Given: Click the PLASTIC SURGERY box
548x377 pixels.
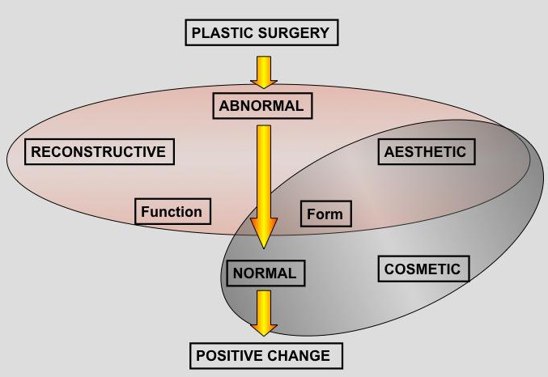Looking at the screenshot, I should [261, 33].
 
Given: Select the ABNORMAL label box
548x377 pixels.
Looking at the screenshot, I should [261, 106].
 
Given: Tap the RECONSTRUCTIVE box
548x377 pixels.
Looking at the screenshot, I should [98, 151].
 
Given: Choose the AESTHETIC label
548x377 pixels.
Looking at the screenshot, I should [425, 151].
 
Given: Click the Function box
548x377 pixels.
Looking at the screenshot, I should [172, 212].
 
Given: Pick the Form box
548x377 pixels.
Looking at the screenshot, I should [325, 214].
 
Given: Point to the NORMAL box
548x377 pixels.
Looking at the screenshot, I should [264, 273].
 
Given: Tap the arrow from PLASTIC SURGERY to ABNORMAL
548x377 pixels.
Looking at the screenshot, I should [264, 71].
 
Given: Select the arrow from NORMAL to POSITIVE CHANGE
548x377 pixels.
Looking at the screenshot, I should [264, 312].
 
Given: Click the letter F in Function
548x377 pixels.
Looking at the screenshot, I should [146, 212].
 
